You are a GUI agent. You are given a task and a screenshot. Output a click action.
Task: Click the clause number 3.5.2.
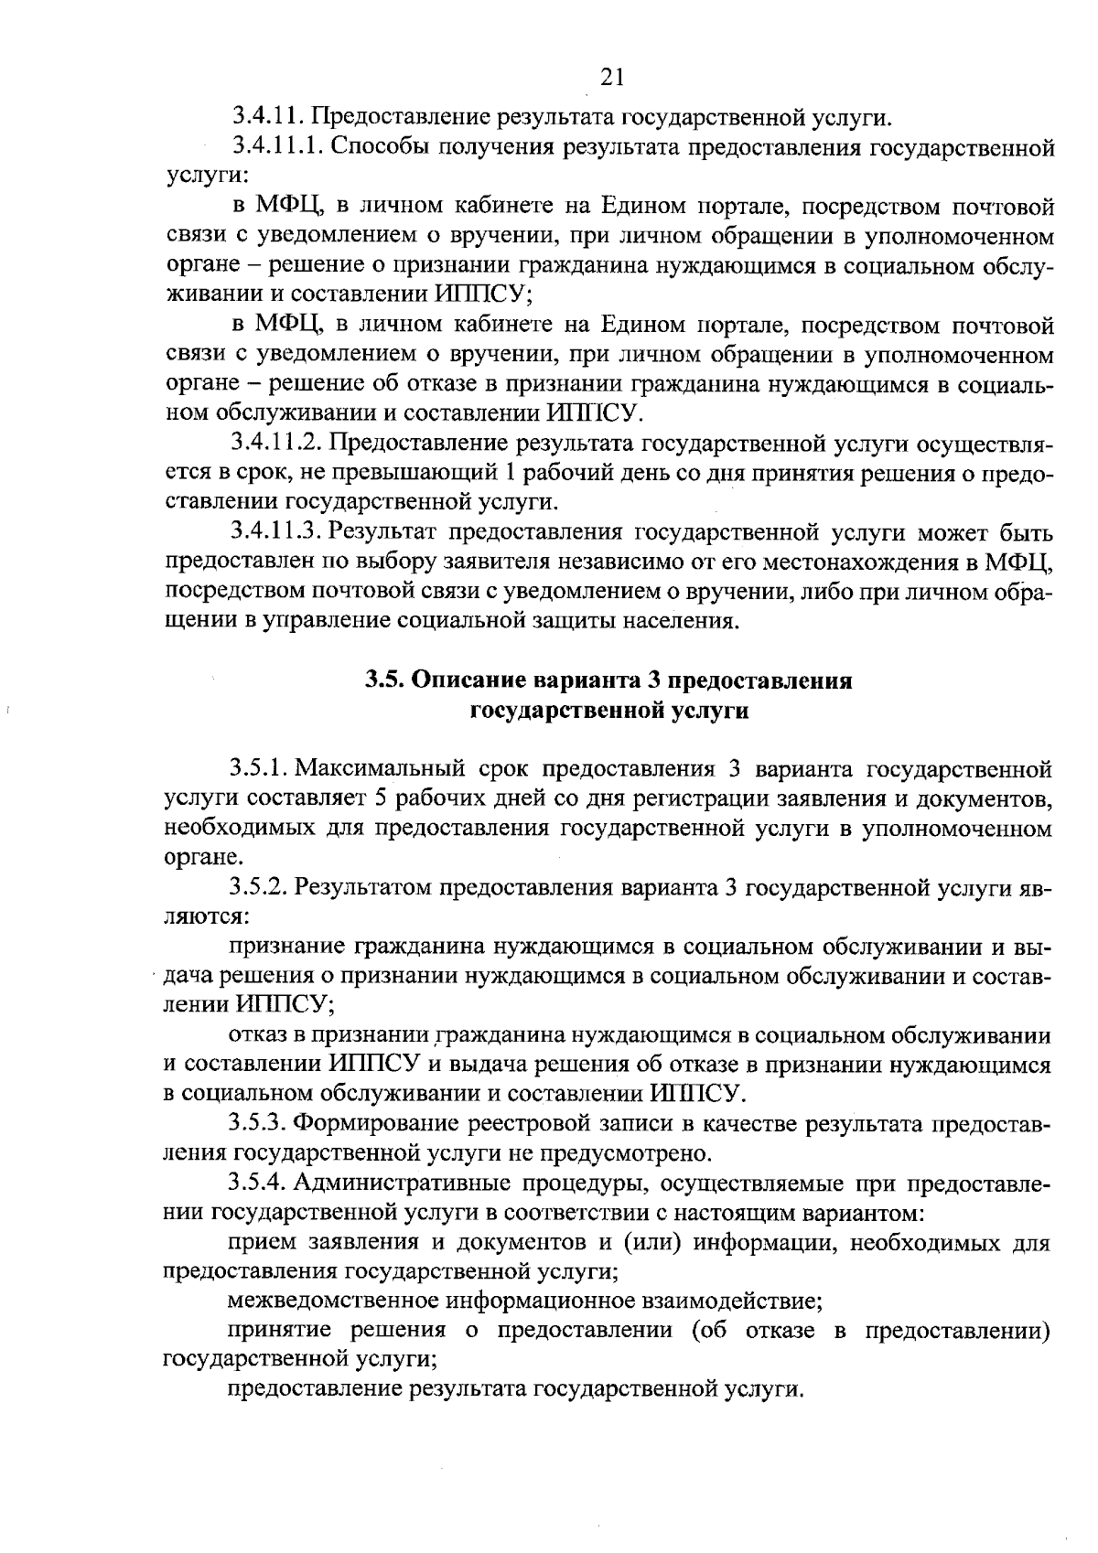click(x=259, y=886)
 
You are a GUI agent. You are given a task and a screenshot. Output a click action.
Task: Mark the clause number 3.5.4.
click(x=259, y=1183)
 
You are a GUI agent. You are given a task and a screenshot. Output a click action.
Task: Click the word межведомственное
click(x=335, y=1301)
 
